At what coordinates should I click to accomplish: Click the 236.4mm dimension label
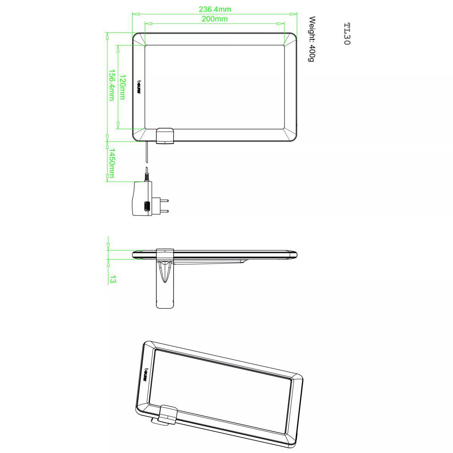click(215, 9)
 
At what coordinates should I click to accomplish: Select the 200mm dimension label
click(215, 19)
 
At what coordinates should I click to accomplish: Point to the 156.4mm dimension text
click(111, 85)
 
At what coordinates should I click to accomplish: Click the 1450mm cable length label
click(111, 163)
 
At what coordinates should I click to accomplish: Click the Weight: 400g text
click(312, 39)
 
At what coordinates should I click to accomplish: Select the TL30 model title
click(347, 34)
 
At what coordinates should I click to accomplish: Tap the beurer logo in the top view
click(139, 88)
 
